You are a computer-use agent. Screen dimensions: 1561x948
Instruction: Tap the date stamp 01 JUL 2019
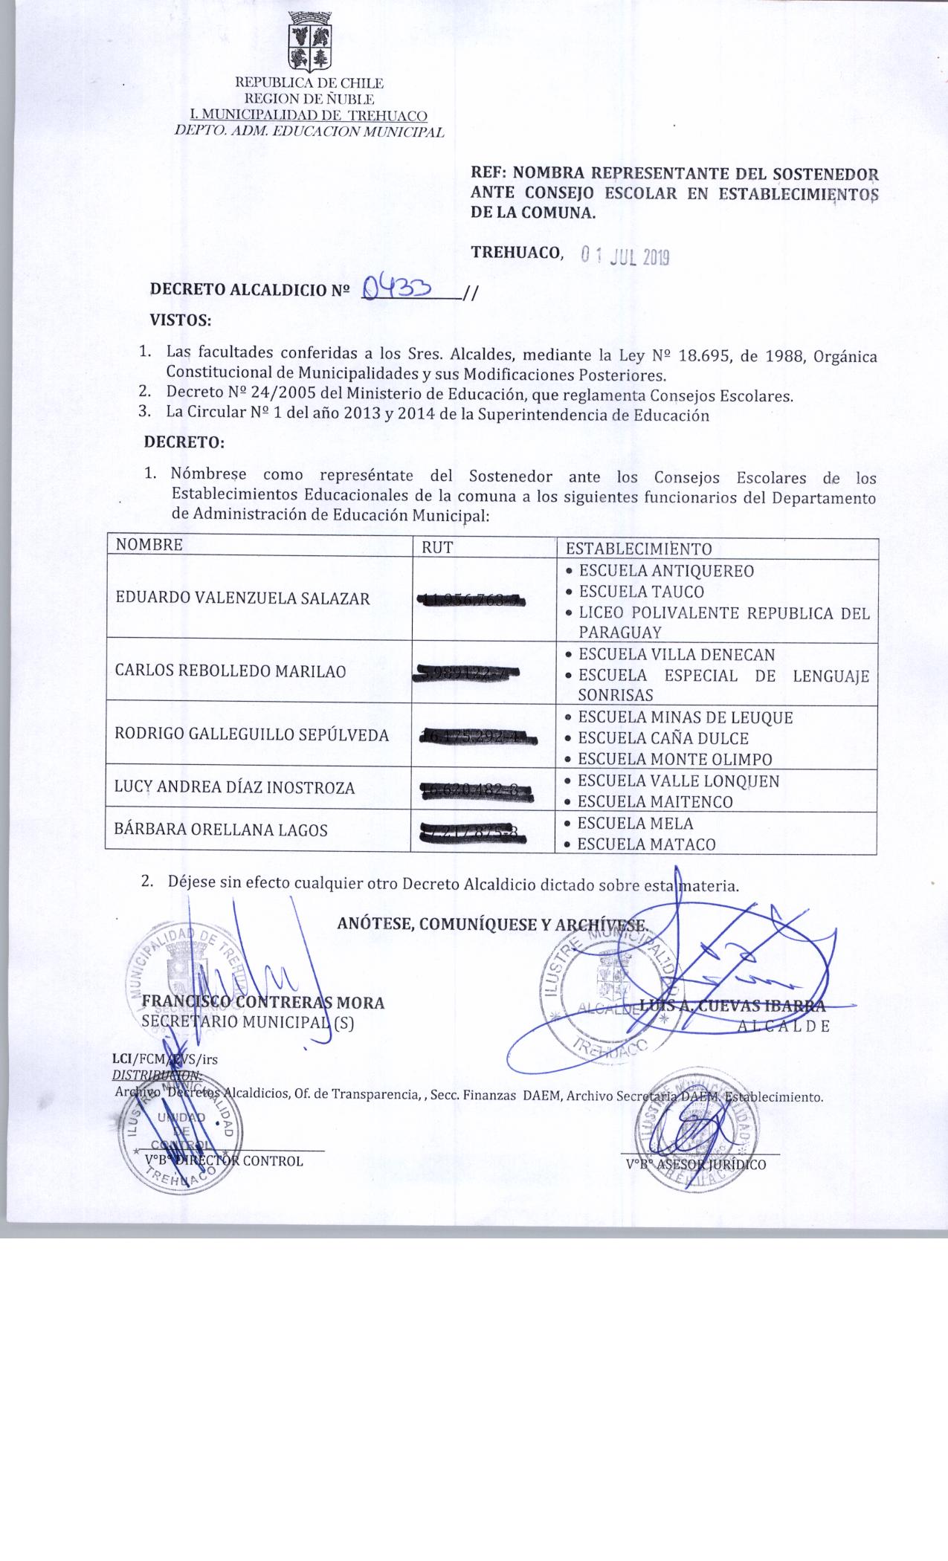tap(625, 256)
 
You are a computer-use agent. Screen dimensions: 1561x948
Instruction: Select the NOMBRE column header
tap(149, 544)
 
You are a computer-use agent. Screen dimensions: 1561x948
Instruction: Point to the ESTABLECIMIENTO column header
tap(639, 549)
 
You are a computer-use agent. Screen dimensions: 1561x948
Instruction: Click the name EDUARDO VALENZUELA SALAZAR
tap(242, 598)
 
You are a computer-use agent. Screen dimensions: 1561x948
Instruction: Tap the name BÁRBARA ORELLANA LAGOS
tap(221, 830)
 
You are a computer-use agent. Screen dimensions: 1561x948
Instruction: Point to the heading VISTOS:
tap(181, 320)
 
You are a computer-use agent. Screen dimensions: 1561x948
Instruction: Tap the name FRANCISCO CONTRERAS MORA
tap(263, 1003)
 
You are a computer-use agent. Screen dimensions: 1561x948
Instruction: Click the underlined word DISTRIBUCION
tap(156, 1075)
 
